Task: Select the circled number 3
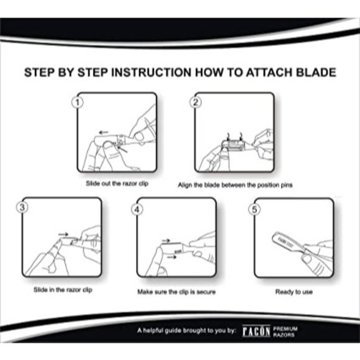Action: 24,208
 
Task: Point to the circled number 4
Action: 138,209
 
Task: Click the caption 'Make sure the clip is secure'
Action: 178,290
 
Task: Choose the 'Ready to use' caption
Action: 294,290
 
